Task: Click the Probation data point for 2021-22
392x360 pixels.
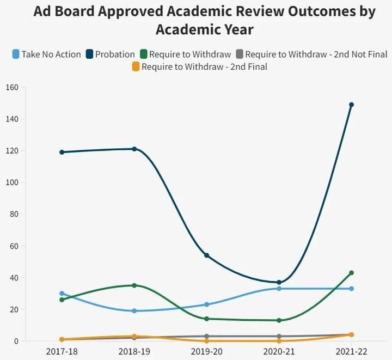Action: tap(351, 105)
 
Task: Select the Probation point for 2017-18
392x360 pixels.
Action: tap(62, 152)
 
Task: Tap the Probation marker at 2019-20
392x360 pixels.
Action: tap(206, 255)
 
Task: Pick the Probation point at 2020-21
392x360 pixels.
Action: tap(279, 282)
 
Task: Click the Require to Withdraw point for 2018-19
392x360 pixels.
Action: tap(134, 285)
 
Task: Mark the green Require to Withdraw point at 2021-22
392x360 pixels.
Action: tap(351, 273)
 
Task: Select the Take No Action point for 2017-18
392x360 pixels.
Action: tap(62, 294)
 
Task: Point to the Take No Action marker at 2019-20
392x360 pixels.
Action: tap(206, 304)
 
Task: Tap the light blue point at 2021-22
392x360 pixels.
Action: tap(351, 289)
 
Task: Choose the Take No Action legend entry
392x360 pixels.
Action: tap(47, 54)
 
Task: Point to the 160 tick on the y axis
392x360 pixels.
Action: tap(12, 87)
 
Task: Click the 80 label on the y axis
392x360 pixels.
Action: tap(14, 214)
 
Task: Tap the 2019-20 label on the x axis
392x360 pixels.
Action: tap(206, 352)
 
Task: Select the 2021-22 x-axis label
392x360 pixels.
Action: tap(351, 352)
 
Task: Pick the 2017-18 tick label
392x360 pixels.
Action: tap(62, 352)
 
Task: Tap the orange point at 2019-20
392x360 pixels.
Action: tap(206, 341)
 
